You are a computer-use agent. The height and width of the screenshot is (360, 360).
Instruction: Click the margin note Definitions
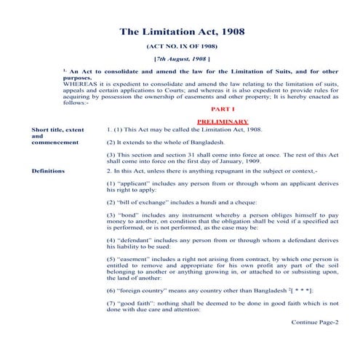(x=48, y=171)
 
